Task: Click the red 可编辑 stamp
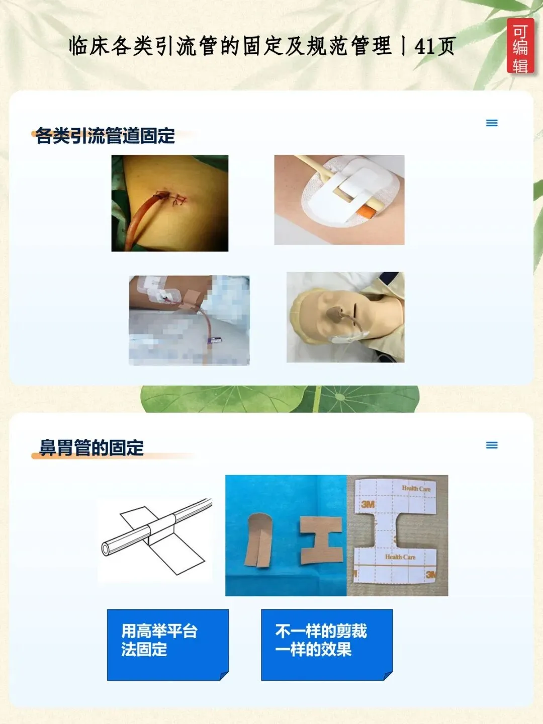click(x=520, y=46)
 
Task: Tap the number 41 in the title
click(x=424, y=47)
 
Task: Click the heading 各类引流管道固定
click(x=105, y=136)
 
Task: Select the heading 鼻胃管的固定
click(x=92, y=447)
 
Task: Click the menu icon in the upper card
click(x=492, y=123)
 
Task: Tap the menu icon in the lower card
click(x=492, y=445)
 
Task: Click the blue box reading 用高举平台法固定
click(x=168, y=645)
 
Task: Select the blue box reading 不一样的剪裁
click(x=327, y=645)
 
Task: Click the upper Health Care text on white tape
click(x=416, y=489)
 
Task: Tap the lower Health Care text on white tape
click(x=400, y=557)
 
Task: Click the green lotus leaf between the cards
click(x=280, y=399)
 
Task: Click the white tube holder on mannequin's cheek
click(x=349, y=337)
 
